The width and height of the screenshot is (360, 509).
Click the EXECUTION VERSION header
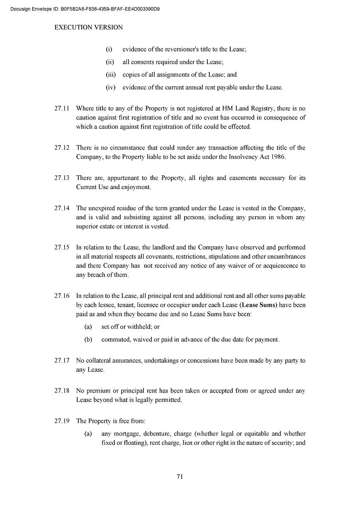(x=88, y=27)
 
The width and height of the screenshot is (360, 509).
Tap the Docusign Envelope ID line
(x=85, y=8)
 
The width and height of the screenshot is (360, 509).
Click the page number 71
(x=180, y=477)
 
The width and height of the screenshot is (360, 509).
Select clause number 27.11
(x=61, y=109)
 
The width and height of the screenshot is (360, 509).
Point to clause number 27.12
(x=61, y=148)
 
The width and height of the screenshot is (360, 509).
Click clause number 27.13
(x=61, y=178)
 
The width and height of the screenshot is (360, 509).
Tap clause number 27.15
(x=61, y=247)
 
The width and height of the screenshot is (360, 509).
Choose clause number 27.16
(x=61, y=296)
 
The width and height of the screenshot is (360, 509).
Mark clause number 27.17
(x=61, y=361)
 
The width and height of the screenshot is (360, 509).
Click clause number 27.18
(x=61, y=391)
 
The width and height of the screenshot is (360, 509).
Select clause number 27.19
(x=61, y=421)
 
